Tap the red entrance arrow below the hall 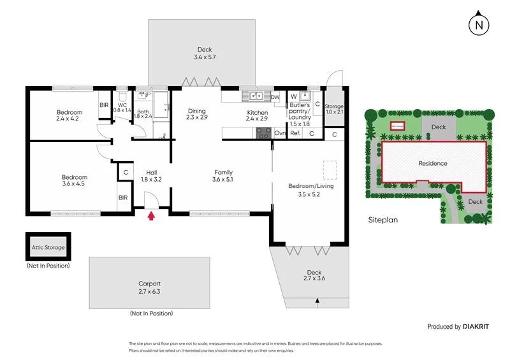click(151, 217)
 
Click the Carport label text click(149, 284)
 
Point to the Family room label click(223, 172)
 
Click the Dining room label click(196, 110)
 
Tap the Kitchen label click(257, 113)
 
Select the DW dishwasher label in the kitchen click(275, 97)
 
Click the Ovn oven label click(279, 133)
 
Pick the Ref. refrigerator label click(295, 133)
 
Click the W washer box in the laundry click(293, 97)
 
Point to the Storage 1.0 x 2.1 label click(334, 110)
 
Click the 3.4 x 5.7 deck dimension click(204, 57)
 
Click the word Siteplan click(382, 219)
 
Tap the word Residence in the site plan click(433, 163)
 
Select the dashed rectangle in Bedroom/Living click(330, 170)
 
